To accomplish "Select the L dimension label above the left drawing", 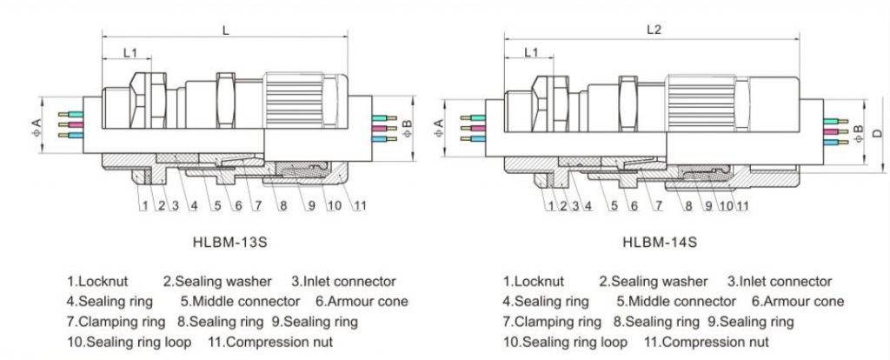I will [x=226, y=30].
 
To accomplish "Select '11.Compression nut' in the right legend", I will [x=706, y=342].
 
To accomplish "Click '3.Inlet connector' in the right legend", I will [x=779, y=282].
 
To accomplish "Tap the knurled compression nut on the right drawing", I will [x=721, y=103].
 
